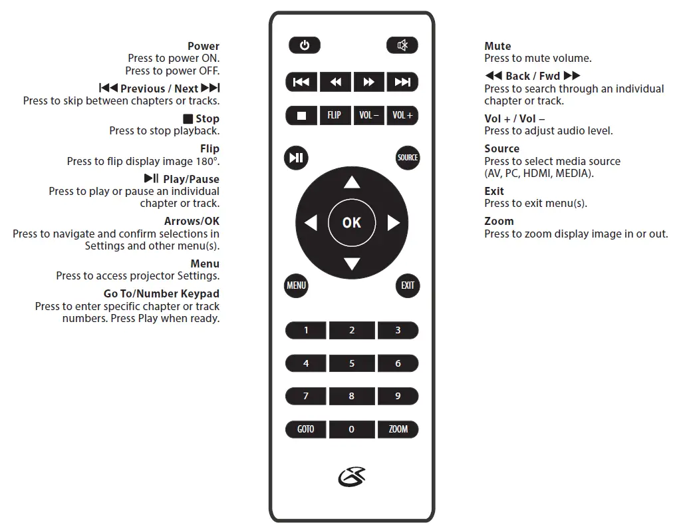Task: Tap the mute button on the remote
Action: click(402, 45)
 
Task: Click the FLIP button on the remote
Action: click(335, 115)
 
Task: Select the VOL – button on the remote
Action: click(368, 115)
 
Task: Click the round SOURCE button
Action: click(408, 158)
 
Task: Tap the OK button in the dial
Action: click(352, 222)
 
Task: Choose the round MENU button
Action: click(296, 285)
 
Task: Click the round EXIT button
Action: click(408, 285)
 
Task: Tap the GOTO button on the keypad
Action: click(306, 429)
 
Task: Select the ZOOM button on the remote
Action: click(398, 429)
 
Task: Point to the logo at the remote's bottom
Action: click(352, 476)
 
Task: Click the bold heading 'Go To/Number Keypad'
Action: click(162, 293)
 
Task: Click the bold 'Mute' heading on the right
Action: click(497, 46)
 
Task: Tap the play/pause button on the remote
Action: click(296, 158)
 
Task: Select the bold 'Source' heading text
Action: click(502, 148)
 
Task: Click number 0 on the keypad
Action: click(352, 429)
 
